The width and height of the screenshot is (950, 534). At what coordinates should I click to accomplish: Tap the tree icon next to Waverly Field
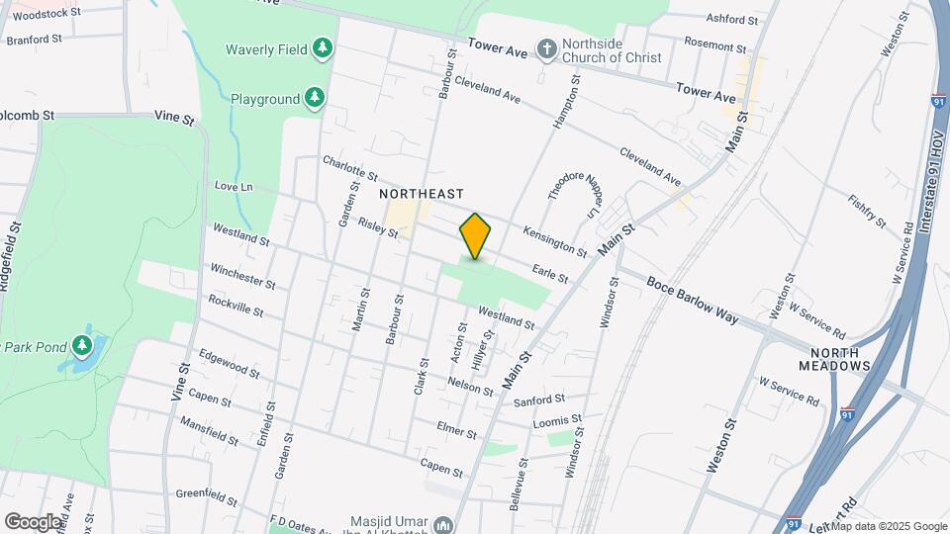click(x=322, y=47)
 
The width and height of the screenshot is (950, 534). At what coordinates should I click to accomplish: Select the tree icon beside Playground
click(x=315, y=97)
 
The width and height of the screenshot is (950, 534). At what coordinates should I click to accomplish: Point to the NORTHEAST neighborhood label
click(x=422, y=194)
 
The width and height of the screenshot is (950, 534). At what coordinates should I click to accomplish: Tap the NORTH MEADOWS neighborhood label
click(x=840, y=359)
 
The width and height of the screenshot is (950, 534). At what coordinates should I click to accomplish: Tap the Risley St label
click(x=378, y=228)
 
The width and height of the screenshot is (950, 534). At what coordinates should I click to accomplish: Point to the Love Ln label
click(x=234, y=187)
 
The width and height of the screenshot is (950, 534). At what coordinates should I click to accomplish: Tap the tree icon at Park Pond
click(x=85, y=345)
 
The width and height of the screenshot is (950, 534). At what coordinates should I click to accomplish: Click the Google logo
click(x=32, y=521)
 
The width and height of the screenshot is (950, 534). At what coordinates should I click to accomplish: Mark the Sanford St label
click(x=539, y=400)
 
